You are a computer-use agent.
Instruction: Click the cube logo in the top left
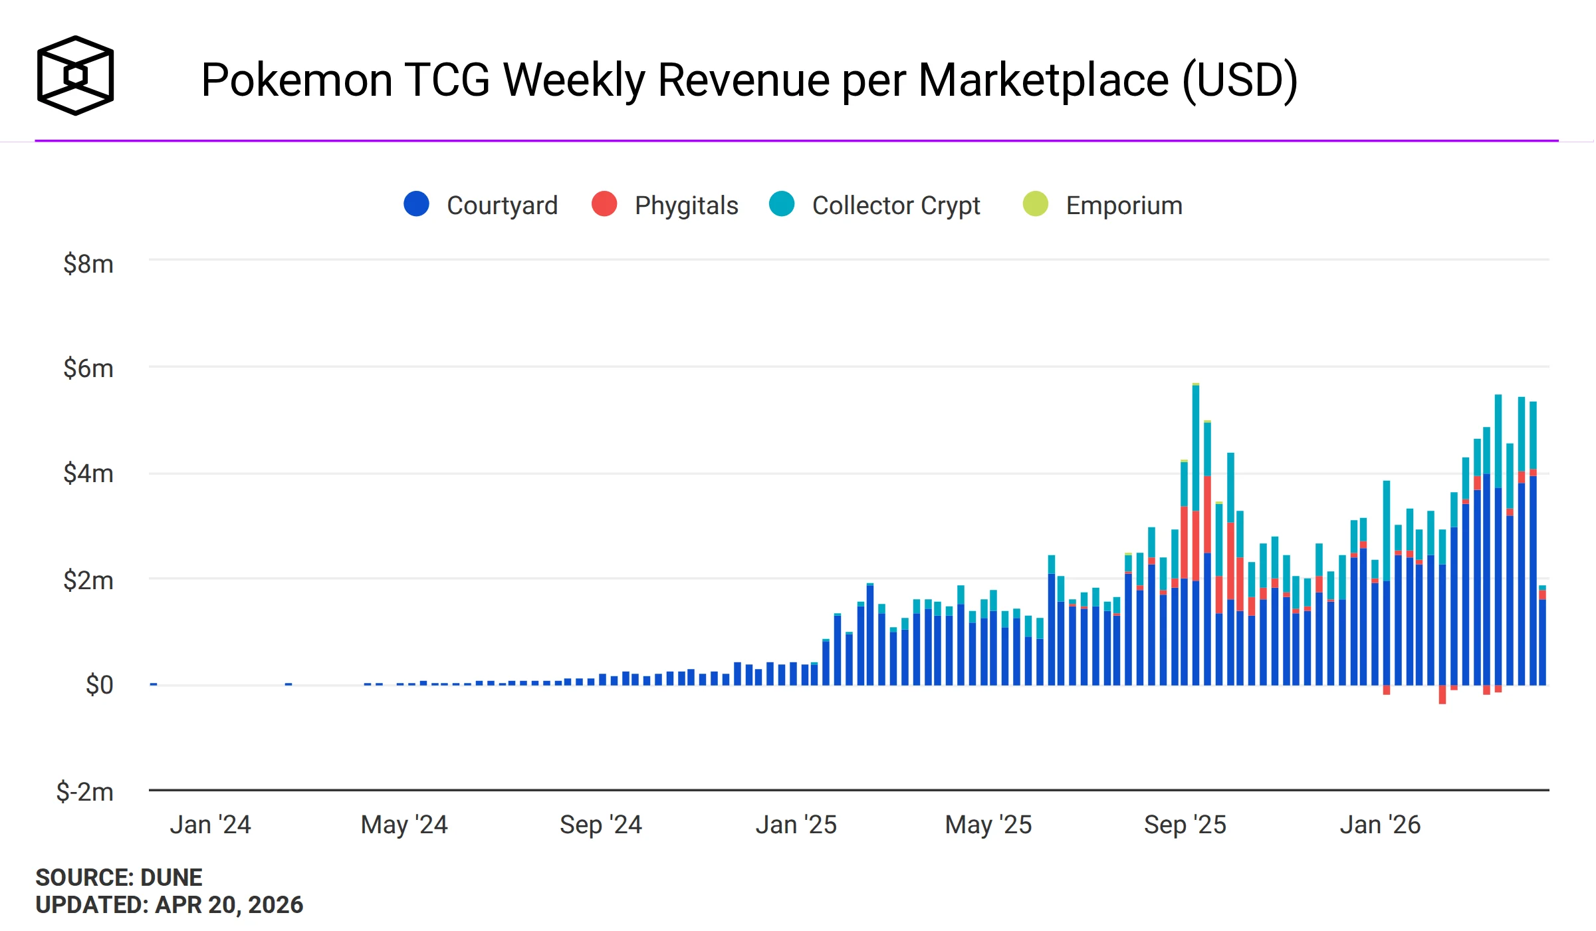coord(75,75)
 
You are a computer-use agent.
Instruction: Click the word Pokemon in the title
coord(296,80)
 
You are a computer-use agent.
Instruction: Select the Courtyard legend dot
coord(416,203)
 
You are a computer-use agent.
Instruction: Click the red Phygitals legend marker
coord(604,203)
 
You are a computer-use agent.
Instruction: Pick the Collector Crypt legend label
coord(895,205)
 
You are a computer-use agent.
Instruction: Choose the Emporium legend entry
coord(1123,205)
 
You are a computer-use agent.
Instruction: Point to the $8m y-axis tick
coord(88,264)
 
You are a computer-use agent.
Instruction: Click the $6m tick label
coord(88,368)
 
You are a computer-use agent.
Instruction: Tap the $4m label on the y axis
coord(88,473)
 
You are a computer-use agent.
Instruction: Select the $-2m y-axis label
coord(84,791)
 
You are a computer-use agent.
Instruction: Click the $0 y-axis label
coord(99,684)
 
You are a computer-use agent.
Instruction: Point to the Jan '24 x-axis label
coord(210,825)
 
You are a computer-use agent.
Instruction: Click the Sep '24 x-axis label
coord(600,825)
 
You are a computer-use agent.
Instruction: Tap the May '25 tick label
coord(988,825)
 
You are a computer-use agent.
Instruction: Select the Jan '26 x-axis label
coord(1379,825)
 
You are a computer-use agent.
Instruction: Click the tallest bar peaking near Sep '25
coord(1195,532)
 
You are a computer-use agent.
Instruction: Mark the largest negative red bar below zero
coord(1442,694)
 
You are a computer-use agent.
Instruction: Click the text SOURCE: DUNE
coord(118,877)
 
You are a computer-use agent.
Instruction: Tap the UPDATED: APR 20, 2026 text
coord(169,905)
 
